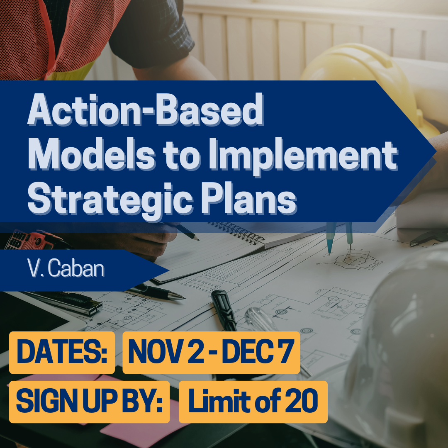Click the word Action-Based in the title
[x=146, y=109]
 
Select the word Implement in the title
[x=303, y=156]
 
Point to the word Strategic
[x=110, y=200]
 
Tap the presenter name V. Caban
[x=66, y=268]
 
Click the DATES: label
[x=62, y=352]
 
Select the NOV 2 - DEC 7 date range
[x=211, y=352]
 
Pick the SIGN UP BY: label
[x=89, y=401]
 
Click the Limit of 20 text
[x=253, y=401]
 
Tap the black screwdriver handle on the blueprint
[x=224, y=310]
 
